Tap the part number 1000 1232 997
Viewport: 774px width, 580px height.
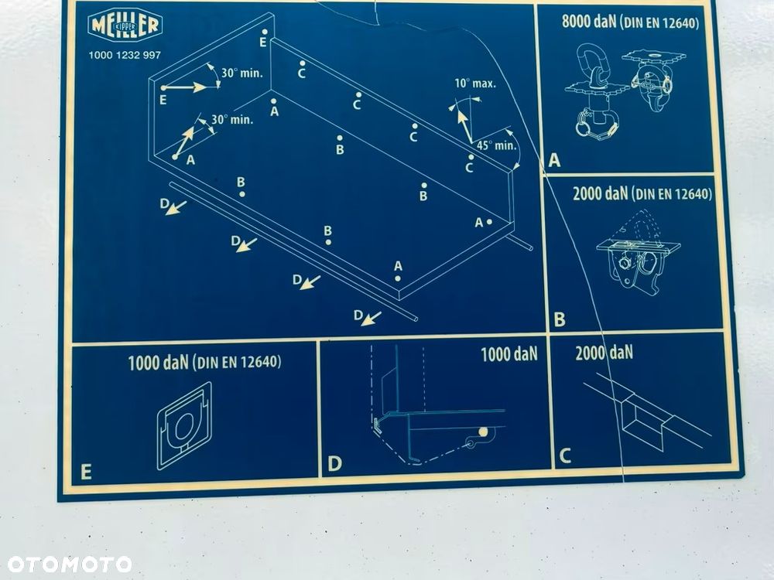125,55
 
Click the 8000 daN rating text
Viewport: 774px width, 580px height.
589,22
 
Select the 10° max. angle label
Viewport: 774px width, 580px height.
475,84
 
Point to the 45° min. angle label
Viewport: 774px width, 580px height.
497,145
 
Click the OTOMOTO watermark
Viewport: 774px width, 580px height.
69,565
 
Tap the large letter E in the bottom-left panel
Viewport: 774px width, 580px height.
86,472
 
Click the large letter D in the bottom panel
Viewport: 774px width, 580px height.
334,463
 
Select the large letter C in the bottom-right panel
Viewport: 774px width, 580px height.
565,455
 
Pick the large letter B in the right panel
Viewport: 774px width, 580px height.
560,319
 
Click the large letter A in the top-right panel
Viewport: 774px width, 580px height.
555,160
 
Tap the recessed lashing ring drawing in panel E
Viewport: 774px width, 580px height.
185,425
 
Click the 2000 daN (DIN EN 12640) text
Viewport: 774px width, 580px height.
642,194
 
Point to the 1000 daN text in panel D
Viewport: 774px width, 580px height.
509,354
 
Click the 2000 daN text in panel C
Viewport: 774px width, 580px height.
604,353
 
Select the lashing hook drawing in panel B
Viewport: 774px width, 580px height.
638,256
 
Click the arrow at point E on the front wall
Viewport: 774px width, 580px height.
183,88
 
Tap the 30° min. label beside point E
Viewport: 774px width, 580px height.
241,73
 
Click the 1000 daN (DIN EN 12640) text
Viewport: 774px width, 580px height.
204,363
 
